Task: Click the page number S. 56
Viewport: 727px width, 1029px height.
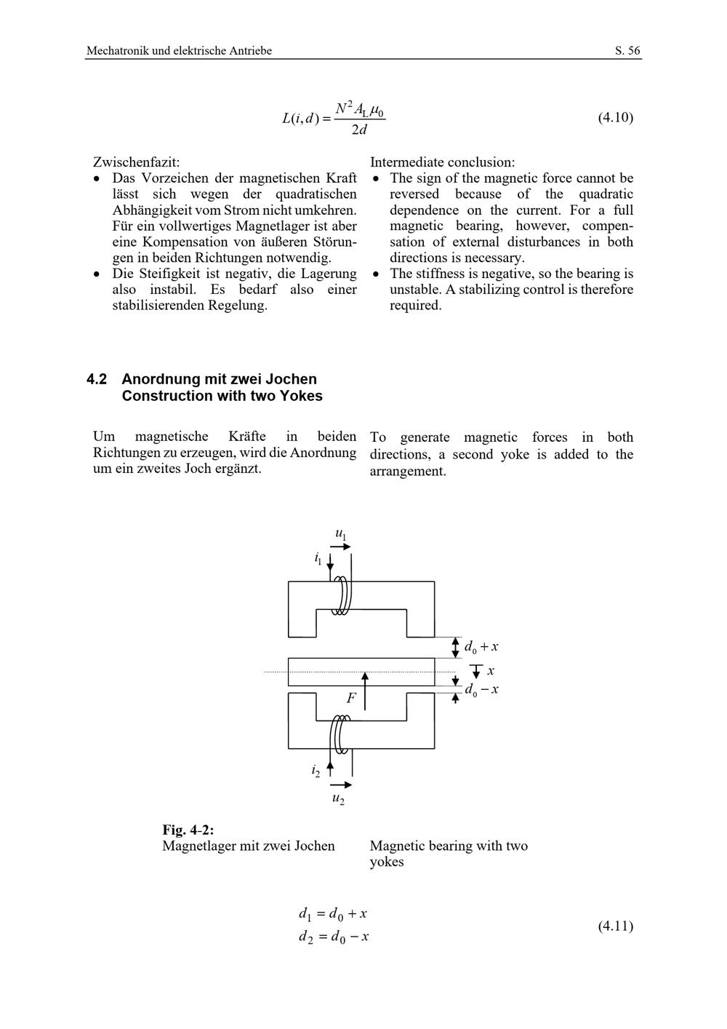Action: tap(627, 51)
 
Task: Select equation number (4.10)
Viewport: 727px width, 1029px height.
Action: tap(615, 117)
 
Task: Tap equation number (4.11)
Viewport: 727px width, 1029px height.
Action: tap(615, 926)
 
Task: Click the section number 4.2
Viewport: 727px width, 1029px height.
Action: tap(97, 379)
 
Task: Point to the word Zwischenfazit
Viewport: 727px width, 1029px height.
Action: tap(136, 162)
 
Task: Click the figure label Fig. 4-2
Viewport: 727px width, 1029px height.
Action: tap(188, 830)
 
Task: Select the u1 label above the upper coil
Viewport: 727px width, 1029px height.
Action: tap(340, 534)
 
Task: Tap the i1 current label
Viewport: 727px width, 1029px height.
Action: tap(318, 558)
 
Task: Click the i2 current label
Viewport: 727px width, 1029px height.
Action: tap(316, 770)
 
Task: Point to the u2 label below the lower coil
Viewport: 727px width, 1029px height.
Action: tap(338, 798)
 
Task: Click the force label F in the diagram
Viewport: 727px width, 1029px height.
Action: tap(351, 699)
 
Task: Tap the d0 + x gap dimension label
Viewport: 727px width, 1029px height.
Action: tap(481, 646)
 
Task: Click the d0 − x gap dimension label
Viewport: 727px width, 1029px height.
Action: tap(481, 689)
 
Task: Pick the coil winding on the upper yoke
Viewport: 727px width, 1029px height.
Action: tap(341, 597)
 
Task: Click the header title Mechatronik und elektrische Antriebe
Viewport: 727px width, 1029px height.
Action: tap(179, 51)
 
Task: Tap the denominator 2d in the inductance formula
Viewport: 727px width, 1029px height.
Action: tap(359, 130)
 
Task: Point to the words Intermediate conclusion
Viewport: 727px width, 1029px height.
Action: tap(442, 162)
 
